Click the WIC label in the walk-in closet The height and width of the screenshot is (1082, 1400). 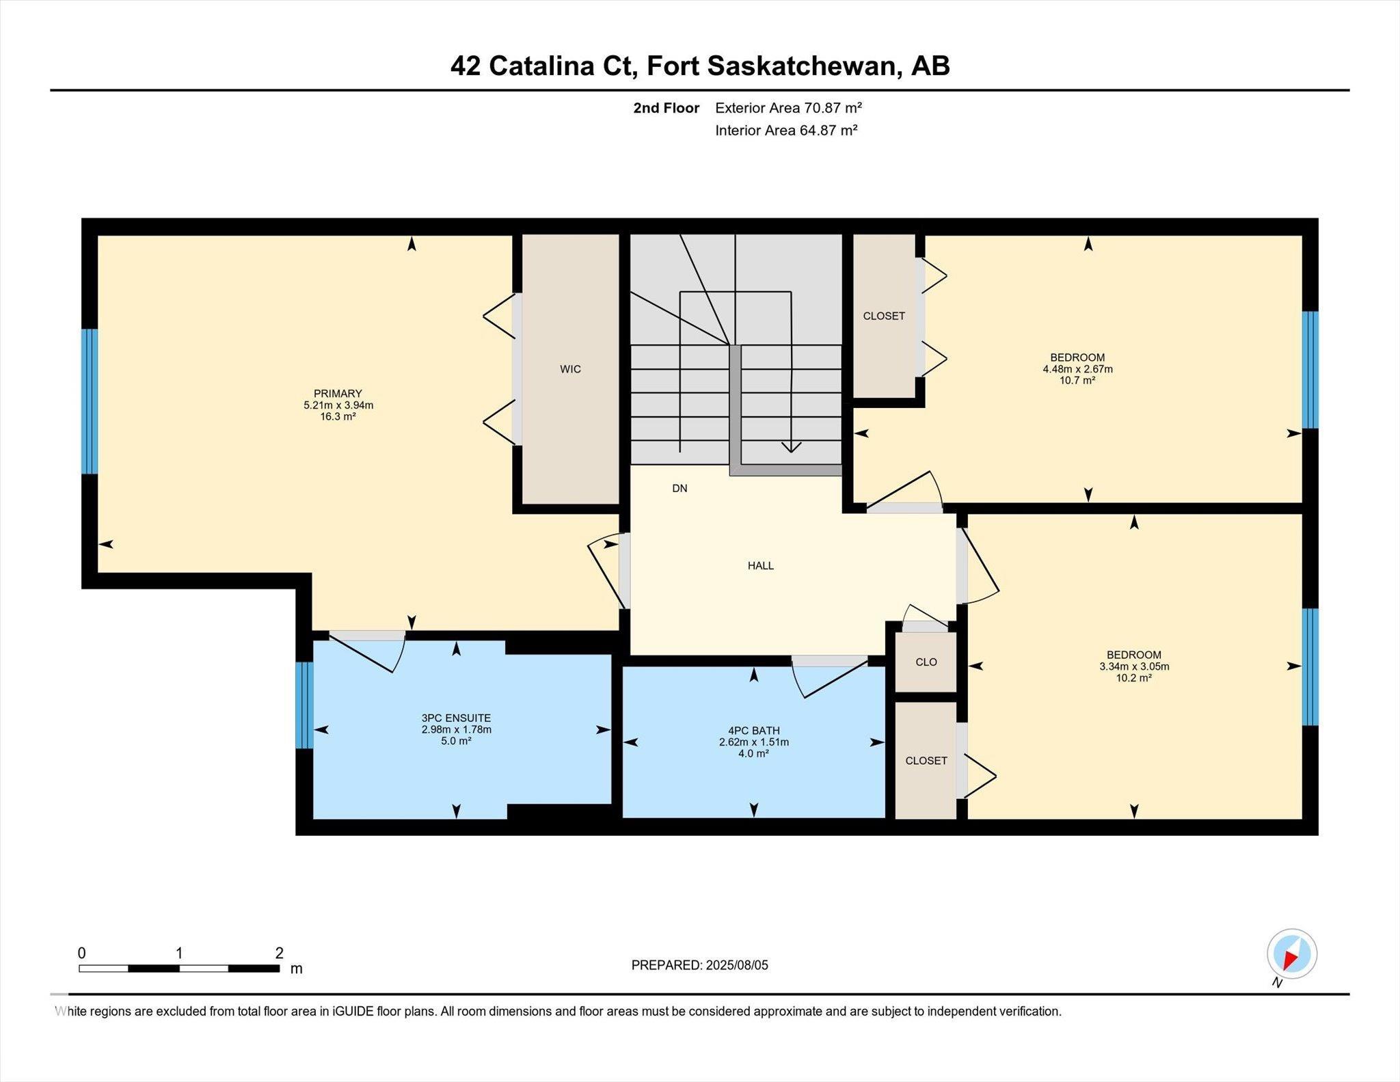[570, 369]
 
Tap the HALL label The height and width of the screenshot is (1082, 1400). [761, 565]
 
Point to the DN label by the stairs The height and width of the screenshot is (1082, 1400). [679, 488]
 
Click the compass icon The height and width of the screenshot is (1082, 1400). [1291, 954]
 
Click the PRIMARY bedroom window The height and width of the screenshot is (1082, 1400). [90, 401]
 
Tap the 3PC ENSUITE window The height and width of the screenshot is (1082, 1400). [305, 705]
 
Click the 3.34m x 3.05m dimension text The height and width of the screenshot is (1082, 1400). [1134, 666]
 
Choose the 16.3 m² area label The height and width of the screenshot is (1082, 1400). [338, 416]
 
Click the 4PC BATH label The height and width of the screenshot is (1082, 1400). [754, 731]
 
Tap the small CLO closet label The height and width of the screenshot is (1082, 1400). [926, 662]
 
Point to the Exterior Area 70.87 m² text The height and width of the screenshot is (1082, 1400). [788, 108]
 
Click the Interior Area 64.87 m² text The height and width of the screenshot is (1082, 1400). [786, 130]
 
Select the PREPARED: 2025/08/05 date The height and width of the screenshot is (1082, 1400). [700, 965]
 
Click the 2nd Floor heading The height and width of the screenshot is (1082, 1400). [667, 108]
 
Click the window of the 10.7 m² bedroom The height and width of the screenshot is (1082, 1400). [1310, 370]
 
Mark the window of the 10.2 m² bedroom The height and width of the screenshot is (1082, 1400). [1310, 666]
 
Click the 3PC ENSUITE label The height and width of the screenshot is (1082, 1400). [456, 718]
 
